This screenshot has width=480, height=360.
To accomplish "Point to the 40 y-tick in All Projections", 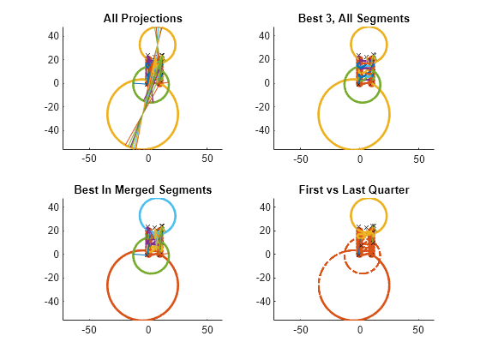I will coord(52,35).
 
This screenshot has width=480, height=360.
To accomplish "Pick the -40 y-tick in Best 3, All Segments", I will coord(261,129).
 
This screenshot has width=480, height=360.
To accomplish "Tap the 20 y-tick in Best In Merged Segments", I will coord(52,231).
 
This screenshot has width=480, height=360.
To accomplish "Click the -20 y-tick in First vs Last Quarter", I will coord(261,278).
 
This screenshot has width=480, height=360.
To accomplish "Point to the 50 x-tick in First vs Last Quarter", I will coord(418,330).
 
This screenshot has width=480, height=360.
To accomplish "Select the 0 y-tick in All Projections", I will coord(55,83).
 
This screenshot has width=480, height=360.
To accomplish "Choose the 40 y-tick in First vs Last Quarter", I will coord(263,207).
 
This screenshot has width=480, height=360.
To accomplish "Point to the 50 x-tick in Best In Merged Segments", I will coord(207,330).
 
